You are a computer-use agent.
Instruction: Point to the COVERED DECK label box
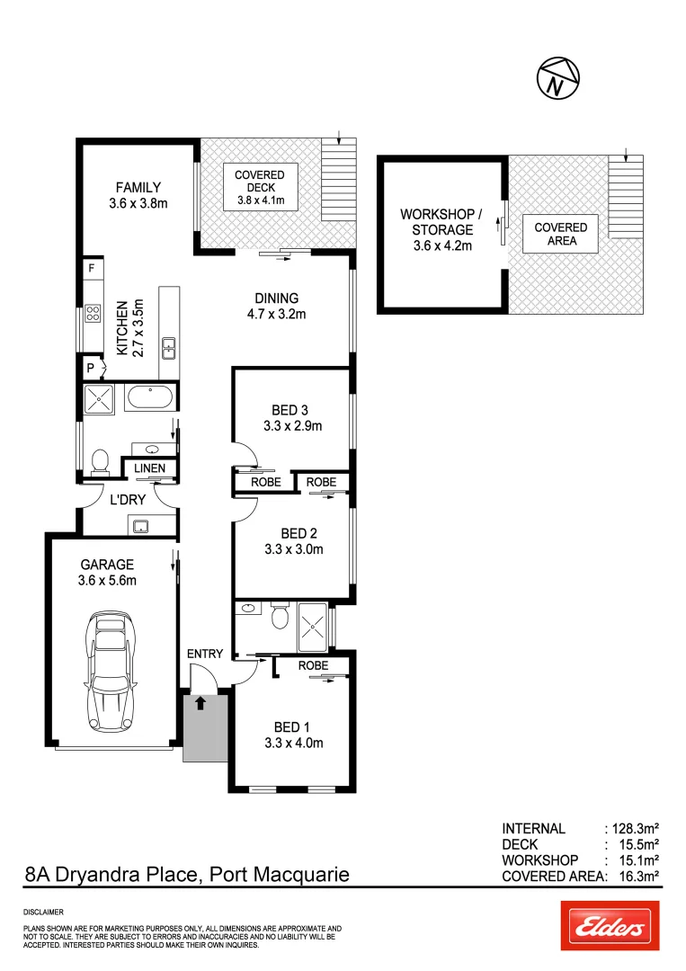259,188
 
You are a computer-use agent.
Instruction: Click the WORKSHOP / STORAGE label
441,229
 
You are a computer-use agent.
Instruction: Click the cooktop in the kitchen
92,314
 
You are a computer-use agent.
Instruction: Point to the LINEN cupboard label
149,468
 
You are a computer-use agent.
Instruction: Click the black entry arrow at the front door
200,702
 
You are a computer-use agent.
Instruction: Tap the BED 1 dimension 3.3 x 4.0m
293,743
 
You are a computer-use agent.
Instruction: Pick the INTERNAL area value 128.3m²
633,828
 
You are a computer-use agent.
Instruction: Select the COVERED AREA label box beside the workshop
560,234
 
